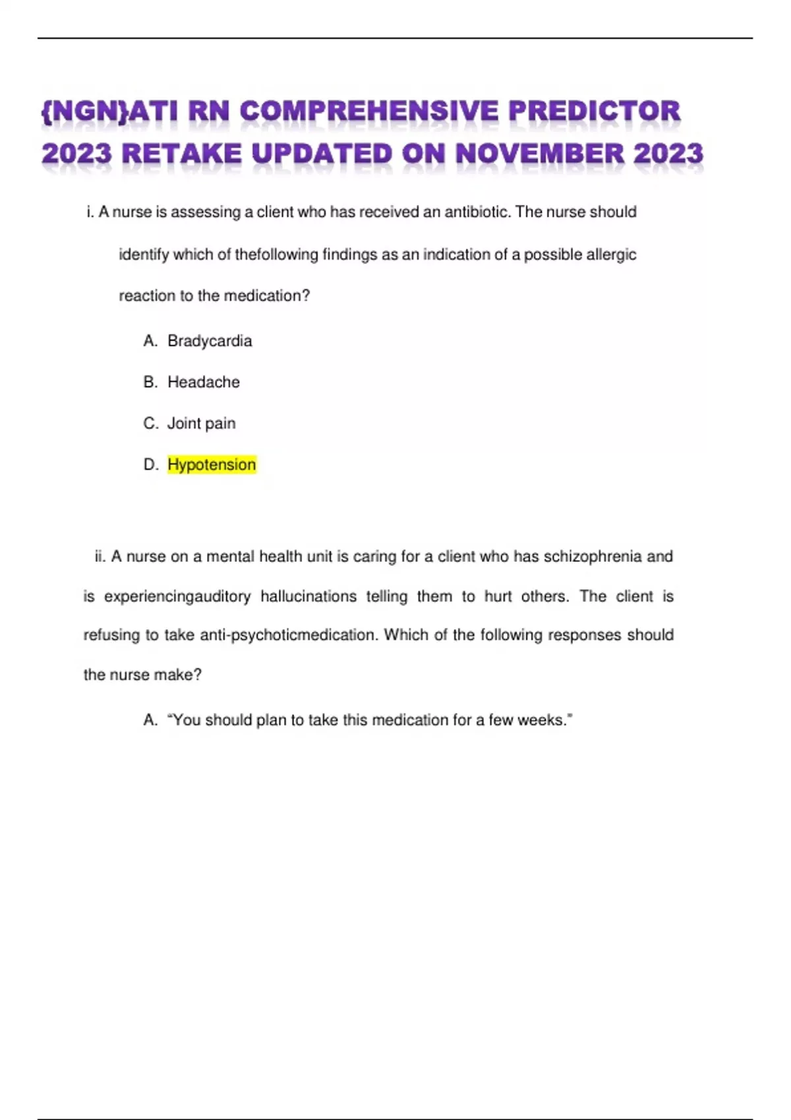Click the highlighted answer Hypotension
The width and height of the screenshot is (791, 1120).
(212, 464)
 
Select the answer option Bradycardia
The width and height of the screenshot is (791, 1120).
(210, 341)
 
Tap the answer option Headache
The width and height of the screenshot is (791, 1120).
(204, 382)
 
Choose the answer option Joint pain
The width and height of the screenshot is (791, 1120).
(201, 423)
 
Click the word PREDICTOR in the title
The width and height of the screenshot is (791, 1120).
(594, 111)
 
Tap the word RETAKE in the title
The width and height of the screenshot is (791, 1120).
(182, 154)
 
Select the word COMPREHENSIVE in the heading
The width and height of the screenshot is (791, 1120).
(368, 111)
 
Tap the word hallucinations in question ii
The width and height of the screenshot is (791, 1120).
(308, 596)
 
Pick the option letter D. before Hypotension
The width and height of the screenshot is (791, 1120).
(151, 464)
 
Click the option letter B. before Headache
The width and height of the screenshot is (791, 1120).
(150, 382)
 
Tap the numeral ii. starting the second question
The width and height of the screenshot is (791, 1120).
(100, 557)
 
